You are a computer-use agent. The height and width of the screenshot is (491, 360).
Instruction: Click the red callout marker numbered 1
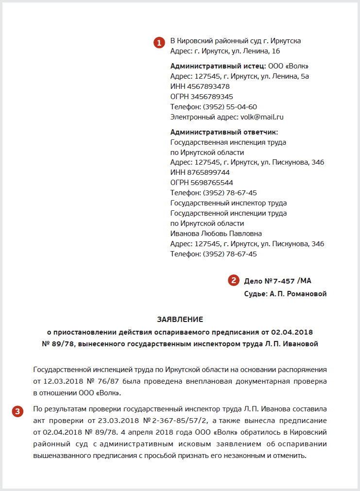[x=159, y=43]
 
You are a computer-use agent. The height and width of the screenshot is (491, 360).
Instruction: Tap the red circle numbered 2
[x=234, y=280]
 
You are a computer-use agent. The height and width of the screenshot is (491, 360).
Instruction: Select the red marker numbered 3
[x=17, y=411]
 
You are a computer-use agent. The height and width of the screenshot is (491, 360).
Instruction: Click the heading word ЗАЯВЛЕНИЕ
[x=180, y=319]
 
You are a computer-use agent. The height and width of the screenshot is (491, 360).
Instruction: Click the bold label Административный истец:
[x=218, y=66]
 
